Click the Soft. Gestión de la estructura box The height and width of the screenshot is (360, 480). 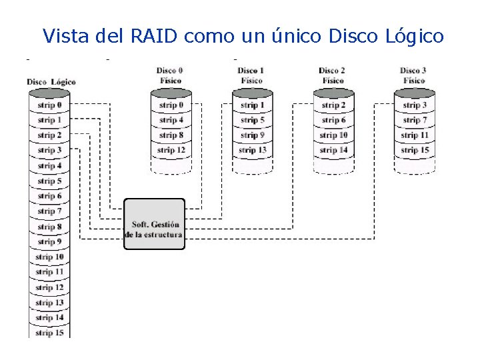click(154, 224)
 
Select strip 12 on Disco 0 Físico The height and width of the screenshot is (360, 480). click(171, 151)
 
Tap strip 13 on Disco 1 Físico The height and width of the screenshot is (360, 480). click(253, 151)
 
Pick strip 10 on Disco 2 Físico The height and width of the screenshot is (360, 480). click(333, 135)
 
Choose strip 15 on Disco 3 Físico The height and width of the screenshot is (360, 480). click(414, 151)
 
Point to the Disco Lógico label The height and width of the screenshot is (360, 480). click(51, 82)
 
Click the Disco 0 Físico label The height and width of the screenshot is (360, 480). click(171, 75)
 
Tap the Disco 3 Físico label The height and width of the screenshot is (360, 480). click(414, 75)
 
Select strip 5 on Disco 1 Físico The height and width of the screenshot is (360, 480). click(253, 121)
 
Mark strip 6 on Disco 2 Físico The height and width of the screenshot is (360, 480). click(333, 121)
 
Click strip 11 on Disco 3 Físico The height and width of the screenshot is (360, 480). click(414, 135)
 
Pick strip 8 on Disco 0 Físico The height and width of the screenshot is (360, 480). click(171, 135)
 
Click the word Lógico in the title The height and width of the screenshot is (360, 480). click(414, 35)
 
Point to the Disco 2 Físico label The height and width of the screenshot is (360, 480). click(332, 75)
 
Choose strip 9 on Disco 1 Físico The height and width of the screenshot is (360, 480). click(253, 135)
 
